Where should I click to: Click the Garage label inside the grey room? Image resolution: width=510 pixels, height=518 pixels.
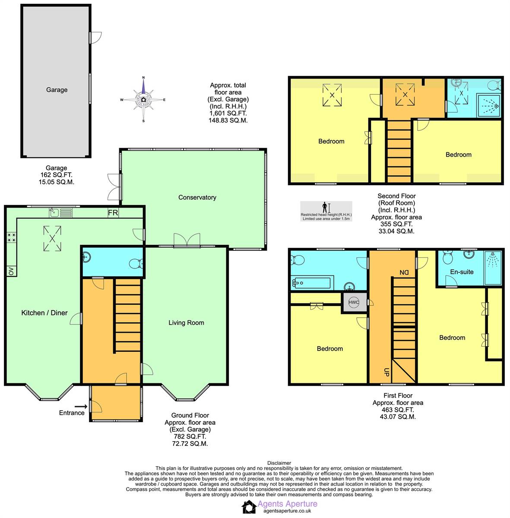[x=57, y=90]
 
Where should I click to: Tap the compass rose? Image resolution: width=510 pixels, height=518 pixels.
[x=143, y=100]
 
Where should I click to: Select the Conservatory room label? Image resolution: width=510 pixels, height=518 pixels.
[x=197, y=197]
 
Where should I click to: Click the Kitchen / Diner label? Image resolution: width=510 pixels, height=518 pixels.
[x=44, y=313]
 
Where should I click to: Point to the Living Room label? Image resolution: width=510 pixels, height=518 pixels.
[x=186, y=322]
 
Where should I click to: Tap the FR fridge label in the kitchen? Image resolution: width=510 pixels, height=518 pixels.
[x=112, y=213]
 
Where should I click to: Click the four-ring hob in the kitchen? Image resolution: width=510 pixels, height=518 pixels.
[x=11, y=237]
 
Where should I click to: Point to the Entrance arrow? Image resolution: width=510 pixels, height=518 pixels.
[x=81, y=406]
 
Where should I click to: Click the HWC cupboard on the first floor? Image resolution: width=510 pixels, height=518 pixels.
[x=354, y=303]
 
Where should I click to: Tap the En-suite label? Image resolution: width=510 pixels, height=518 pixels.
[x=462, y=272]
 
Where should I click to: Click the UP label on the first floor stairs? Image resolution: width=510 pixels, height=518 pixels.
[x=386, y=372]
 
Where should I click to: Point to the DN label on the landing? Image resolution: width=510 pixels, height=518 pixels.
[x=404, y=272]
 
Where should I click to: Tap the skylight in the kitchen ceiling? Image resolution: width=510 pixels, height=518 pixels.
[x=52, y=238]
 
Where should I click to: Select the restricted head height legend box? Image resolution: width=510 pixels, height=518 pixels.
[x=326, y=211]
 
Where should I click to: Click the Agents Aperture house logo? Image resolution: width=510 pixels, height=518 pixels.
[x=249, y=507]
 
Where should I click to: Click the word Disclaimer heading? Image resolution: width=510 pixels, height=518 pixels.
[x=279, y=463]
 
